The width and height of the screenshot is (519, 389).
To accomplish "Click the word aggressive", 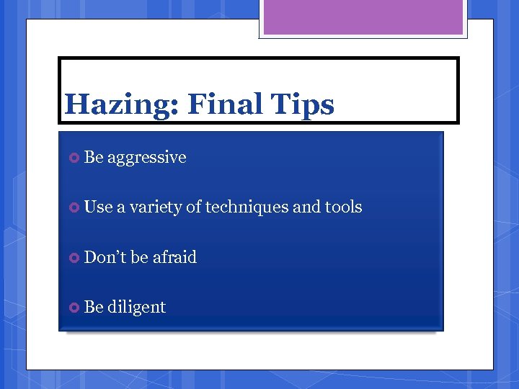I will pos(147,158).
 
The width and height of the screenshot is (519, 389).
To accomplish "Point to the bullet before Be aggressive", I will pos(73,158).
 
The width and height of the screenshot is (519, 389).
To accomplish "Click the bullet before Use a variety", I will pos(73,207).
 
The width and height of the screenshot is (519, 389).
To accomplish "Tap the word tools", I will pos(344,207).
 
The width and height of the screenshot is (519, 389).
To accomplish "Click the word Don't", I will pos(105,257).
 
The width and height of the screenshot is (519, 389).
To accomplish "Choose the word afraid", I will pos(174,257).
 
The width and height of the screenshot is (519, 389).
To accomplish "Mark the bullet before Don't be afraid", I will pos(73,258).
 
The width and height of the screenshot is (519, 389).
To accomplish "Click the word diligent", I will pos(137,307).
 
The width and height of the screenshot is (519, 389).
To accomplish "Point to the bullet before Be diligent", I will pos(73,308).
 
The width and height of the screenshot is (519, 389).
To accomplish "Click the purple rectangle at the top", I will pos(363,17).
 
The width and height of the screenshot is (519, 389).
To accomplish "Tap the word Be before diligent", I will pos(94,307).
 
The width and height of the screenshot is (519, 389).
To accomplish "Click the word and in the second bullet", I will pos(306,207).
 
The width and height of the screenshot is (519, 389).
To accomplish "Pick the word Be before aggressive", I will pos(94,157).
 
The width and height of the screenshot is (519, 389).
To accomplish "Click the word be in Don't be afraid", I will pos(139,257).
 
